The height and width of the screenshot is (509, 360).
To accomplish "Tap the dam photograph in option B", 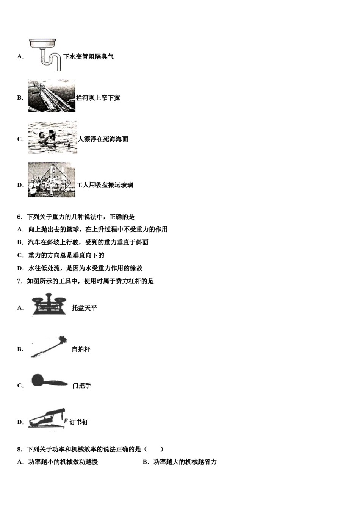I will pyautogui.click(x=52, y=96).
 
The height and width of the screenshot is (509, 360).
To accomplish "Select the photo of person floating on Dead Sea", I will pyautogui.click(x=52, y=137).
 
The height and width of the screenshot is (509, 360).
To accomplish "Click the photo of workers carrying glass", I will pyautogui.click(x=52, y=180).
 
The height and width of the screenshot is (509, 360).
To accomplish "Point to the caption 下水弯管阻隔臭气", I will pyautogui.click(x=88, y=57).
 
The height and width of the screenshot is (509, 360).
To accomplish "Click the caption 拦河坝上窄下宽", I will pyautogui.click(x=98, y=98).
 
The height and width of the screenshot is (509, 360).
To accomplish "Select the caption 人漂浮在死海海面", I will pyautogui.click(x=103, y=139).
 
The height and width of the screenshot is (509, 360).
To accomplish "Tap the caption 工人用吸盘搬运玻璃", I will pyautogui.click(x=105, y=185).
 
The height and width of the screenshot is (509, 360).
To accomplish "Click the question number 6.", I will pyautogui.click(x=20, y=217).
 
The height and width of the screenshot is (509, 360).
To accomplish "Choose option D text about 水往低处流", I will pyautogui.click(x=85, y=268).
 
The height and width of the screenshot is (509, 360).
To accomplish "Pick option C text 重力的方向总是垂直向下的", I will pyautogui.click(x=66, y=255).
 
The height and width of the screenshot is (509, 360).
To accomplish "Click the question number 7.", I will pyautogui.click(x=20, y=281).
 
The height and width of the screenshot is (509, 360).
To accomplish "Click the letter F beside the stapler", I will pyautogui.click(x=66, y=421).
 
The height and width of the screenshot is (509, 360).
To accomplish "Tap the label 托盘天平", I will pyautogui.click(x=85, y=308).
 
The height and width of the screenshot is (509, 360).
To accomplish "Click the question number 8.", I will pyautogui.click(x=20, y=449).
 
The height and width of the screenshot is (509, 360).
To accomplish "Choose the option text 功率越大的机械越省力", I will pyautogui.click(x=185, y=462).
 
